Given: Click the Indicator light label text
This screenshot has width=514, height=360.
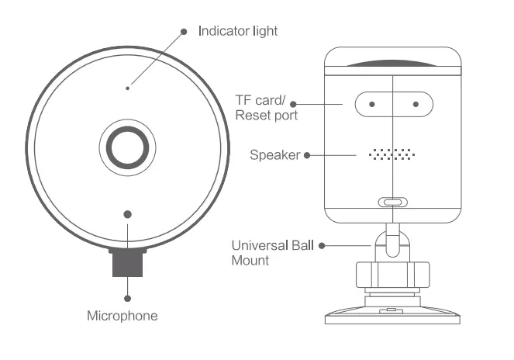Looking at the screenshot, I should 238,31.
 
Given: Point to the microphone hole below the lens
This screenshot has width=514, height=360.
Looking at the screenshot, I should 127,214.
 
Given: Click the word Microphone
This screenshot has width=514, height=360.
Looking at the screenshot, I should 122,316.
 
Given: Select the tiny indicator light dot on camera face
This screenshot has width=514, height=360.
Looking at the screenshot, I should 127,88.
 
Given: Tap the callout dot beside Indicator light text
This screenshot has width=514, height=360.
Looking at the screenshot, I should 184,32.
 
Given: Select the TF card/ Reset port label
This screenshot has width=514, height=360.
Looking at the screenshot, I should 266,107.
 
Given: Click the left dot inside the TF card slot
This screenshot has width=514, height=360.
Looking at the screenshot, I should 372,103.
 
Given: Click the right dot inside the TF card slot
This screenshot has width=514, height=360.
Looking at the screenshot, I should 416,103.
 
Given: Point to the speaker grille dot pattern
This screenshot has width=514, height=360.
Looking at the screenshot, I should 392,154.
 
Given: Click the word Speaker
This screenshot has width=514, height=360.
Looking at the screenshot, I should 274,155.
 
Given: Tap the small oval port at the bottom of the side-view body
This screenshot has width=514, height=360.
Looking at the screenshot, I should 392,202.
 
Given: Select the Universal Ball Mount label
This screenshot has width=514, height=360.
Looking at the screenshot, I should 273,253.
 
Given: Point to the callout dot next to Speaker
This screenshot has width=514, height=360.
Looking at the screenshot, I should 308,155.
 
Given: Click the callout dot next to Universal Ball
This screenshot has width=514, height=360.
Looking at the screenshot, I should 323,246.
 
